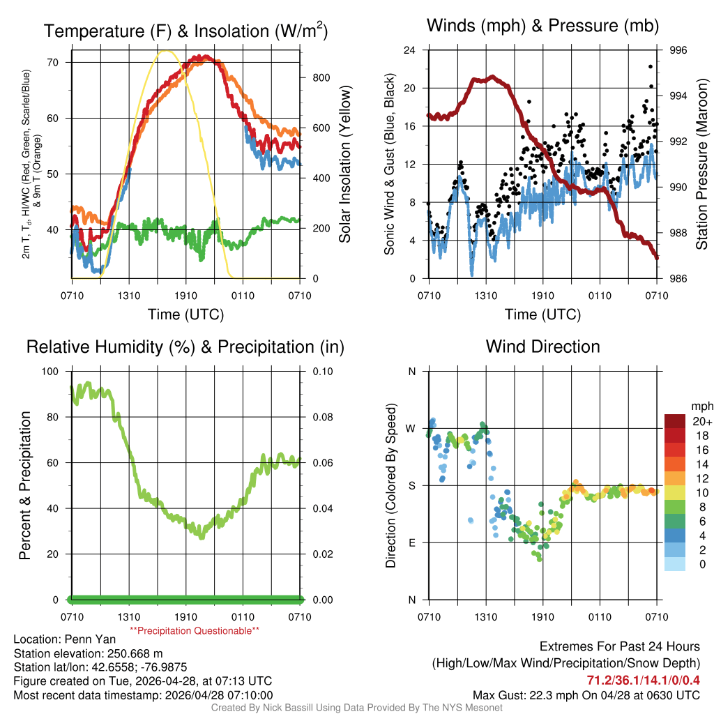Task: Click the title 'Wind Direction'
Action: coord(542,347)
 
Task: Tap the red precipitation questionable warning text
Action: coord(195,631)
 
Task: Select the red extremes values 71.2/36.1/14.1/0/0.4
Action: coord(643,681)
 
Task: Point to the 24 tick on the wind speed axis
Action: coord(410,50)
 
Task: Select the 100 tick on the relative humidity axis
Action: coord(53,371)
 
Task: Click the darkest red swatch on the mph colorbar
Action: coord(675,421)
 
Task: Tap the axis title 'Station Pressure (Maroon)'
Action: coord(702,165)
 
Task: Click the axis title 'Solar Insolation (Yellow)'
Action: coord(345,165)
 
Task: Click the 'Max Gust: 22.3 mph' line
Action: coord(586,695)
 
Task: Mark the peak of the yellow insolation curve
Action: coord(165,51)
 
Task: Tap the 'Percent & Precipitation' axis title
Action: coord(24,485)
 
